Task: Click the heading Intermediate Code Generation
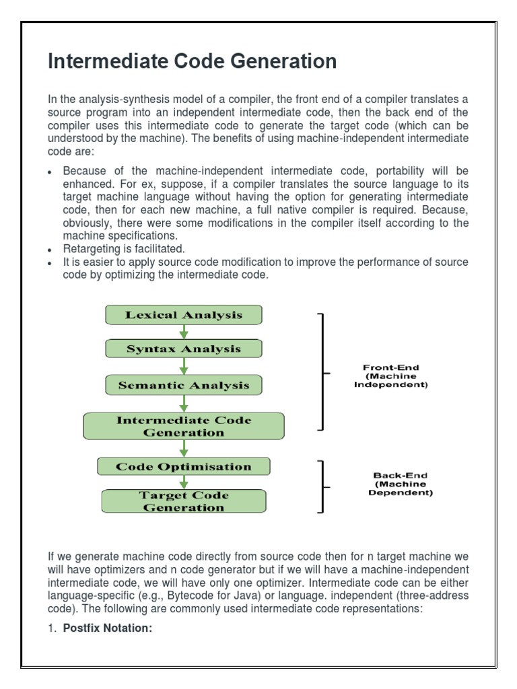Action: point(192,62)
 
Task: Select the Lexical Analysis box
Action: point(183,315)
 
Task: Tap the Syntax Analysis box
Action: point(183,349)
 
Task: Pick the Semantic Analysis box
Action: point(183,385)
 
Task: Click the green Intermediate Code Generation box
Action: point(183,427)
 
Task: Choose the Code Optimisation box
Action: point(183,466)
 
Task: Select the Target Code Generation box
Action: point(183,501)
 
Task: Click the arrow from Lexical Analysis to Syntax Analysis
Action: point(183,332)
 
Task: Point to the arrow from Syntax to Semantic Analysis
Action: point(183,367)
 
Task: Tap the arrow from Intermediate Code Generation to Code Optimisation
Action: point(183,449)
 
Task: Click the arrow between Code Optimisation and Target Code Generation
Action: point(183,482)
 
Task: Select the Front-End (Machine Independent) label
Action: point(391,376)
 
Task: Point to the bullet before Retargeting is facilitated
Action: point(50,250)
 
